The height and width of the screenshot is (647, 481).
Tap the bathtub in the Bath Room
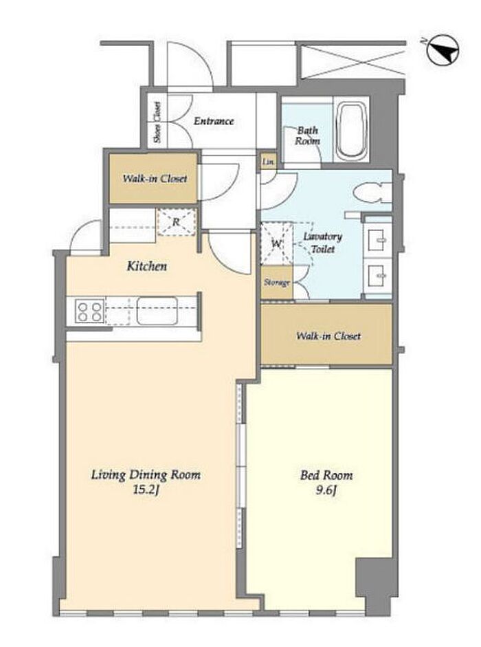point(350,131)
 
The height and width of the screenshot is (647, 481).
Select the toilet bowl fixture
point(371,193)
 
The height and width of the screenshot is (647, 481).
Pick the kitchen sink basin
point(157,311)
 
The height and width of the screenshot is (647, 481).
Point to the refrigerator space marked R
point(177,222)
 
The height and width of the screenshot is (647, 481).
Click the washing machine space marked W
point(276,243)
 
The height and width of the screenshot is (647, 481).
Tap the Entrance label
point(214,121)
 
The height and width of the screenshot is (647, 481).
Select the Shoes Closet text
point(157,122)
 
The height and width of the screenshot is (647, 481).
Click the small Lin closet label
point(268,162)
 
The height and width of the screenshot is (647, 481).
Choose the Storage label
point(277,283)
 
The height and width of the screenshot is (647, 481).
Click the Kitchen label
point(147,266)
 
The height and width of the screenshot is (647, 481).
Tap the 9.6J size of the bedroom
point(326,491)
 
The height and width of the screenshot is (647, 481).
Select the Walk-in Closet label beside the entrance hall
point(155,179)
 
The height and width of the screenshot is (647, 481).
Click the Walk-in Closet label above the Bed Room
point(328,336)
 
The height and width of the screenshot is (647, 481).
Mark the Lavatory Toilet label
point(322,243)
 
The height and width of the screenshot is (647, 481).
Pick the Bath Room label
point(307,135)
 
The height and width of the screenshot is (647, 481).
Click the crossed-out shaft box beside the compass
point(352,62)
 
